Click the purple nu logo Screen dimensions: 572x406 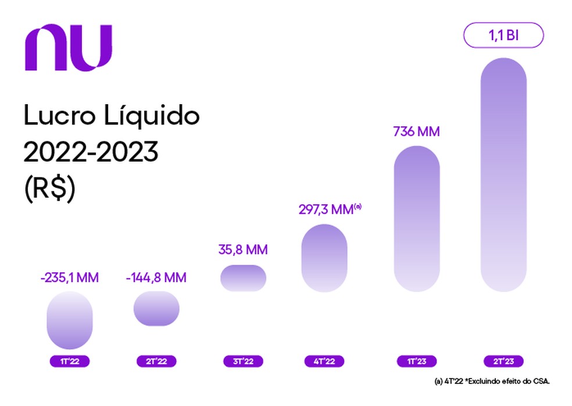pos(68,48)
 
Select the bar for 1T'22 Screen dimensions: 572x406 pos(69,320)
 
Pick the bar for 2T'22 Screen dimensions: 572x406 pos(156,308)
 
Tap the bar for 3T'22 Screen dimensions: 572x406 pos(243,278)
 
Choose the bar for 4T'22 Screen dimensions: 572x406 pos(324,258)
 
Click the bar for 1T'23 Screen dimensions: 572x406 pos(416,218)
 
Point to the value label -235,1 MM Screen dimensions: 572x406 pos(69,277)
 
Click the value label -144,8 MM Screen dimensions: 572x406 pos(156,277)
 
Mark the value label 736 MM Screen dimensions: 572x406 pos(416,131)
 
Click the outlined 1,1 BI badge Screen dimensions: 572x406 pos(503,36)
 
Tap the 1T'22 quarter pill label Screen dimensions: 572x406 pos(69,361)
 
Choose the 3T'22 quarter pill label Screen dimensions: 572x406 pos(243,361)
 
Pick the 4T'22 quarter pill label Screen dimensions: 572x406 pos(324,361)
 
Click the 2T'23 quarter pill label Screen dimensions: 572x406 pos(503,361)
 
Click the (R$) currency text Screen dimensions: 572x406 pos(50,191)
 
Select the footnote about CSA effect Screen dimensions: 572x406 pos(491,382)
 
